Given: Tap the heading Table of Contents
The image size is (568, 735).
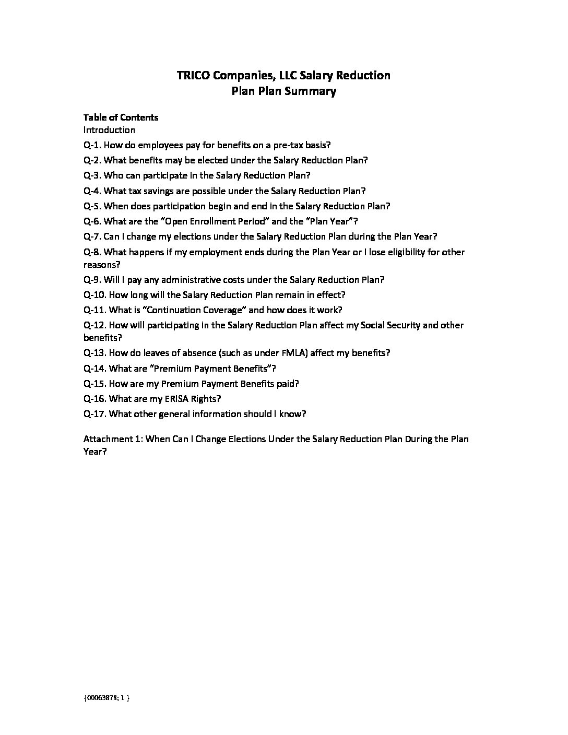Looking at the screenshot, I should tap(121, 117).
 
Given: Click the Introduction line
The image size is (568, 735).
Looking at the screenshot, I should tap(109, 130).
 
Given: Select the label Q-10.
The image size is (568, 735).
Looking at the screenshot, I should tap(94, 295).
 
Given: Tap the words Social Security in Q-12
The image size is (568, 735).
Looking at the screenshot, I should tap(389, 325).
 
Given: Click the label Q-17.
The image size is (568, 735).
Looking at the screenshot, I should tap(94, 414).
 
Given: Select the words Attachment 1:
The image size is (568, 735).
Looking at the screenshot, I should tap(113, 439).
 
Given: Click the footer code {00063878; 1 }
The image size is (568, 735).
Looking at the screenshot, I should tap(106, 697).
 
